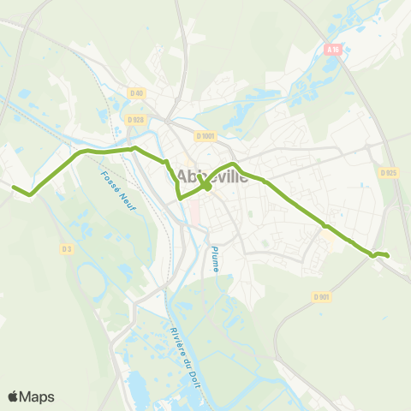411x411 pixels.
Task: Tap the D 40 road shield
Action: (x=135, y=92)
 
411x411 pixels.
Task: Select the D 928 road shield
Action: (x=133, y=120)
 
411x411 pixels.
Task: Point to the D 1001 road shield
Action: (x=204, y=135)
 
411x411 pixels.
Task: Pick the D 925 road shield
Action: (x=389, y=172)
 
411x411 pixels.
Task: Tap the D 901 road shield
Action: (x=321, y=297)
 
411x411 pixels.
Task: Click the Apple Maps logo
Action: (x=31, y=396)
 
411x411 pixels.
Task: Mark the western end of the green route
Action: (x=12, y=185)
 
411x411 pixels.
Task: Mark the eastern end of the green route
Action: (x=388, y=255)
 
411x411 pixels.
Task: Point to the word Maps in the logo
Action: (x=38, y=396)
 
